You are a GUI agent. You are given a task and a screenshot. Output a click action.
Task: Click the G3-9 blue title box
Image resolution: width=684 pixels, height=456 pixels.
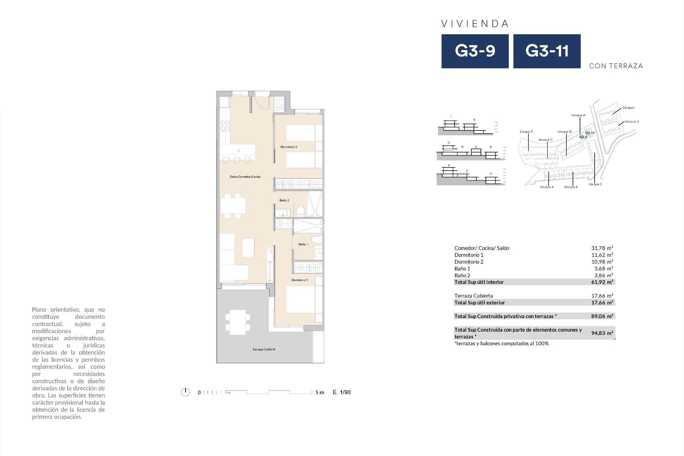pyautogui.click(x=475, y=51)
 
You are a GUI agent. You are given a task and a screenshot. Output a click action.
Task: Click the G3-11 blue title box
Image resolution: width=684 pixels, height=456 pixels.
pyautogui.click(x=547, y=51)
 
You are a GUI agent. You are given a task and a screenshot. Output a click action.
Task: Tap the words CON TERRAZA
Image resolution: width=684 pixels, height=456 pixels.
pyautogui.click(x=616, y=66)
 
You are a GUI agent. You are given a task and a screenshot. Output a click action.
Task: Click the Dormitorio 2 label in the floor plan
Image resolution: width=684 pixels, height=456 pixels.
pyautogui.click(x=289, y=147)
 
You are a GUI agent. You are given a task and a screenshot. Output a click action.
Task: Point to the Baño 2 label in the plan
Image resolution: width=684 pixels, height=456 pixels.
pyautogui.click(x=284, y=201)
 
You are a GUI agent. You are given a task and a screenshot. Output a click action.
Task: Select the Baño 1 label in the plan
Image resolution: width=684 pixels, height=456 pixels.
pyautogui.click(x=303, y=244)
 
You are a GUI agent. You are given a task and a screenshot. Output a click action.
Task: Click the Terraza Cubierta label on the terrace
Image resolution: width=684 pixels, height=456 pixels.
pyautogui.click(x=264, y=349)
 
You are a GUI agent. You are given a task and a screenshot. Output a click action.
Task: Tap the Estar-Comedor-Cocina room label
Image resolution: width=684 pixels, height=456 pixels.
pyautogui.click(x=245, y=177)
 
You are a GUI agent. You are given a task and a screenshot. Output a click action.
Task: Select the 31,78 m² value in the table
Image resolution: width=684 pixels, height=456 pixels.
pyautogui.click(x=602, y=248)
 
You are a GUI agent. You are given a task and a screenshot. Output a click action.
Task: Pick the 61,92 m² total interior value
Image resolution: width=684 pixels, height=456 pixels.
pyautogui.click(x=602, y=282)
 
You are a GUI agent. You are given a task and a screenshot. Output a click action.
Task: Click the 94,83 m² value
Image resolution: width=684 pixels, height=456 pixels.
pyautogui.click(x=602, y=333)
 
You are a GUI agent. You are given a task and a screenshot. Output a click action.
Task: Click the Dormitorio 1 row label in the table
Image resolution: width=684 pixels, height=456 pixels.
pyautogui.click(x=469, y=255)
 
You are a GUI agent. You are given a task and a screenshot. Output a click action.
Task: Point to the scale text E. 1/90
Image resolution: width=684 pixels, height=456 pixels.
pyautogui.click(x=342, y=392)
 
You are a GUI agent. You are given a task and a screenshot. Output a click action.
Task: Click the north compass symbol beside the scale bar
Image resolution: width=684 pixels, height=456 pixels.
pyautogui.click(x=185, y=392)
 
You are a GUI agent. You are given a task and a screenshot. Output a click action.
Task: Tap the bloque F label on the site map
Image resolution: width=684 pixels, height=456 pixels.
pyautogui.click(x=526, y=132)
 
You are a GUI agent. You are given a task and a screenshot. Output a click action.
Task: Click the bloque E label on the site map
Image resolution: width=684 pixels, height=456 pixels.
pyautogui.click(x=595, y=185)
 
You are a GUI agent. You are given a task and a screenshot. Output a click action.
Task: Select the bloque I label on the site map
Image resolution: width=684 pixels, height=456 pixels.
pyautogui.click(x=629, y=108)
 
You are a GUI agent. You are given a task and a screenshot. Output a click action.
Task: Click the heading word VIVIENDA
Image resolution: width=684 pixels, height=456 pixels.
pyautogui.click(x=475, y=24)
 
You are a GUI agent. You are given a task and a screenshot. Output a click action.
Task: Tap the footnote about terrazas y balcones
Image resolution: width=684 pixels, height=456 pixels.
pyautogui.click(x=502, y=344)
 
